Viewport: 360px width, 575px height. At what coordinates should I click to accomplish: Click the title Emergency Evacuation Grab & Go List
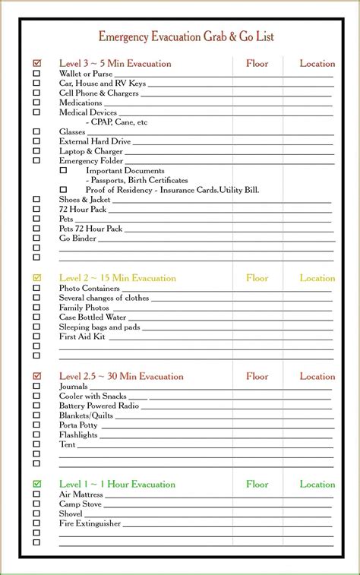coord(186,36)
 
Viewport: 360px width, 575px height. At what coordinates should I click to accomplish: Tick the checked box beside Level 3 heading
coord(36,63)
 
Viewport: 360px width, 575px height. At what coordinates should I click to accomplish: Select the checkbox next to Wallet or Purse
coord(36,74)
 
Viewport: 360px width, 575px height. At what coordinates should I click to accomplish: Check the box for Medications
coord(36,103)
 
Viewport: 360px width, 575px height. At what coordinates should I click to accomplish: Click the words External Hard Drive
coord(95,141)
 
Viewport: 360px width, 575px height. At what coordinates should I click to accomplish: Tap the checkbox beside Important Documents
coord(63,170)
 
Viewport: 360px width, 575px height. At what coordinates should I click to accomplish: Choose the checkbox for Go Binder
coord(36,238)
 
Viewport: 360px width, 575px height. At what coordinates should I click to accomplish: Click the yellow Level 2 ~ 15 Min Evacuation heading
coord(117,278)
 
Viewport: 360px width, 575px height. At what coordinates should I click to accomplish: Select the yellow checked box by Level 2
coord(36,278)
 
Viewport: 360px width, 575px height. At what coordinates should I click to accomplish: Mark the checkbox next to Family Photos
coord(36,307)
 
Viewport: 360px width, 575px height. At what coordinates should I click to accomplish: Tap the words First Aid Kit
coord(82,336)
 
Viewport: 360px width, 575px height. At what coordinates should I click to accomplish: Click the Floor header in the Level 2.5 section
coord(257,376)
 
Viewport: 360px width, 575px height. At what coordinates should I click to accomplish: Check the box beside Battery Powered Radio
coord(36,405)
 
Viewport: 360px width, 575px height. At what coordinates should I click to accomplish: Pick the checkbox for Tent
coord(36,444)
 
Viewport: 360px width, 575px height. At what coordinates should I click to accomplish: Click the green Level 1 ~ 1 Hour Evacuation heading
coord(117,484)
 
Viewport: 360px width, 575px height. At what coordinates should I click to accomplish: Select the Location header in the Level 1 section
coord(317,484)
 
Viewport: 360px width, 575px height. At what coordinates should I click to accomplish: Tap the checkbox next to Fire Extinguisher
coord(36,523)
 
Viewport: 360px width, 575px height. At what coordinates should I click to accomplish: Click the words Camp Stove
coord(81,504)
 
